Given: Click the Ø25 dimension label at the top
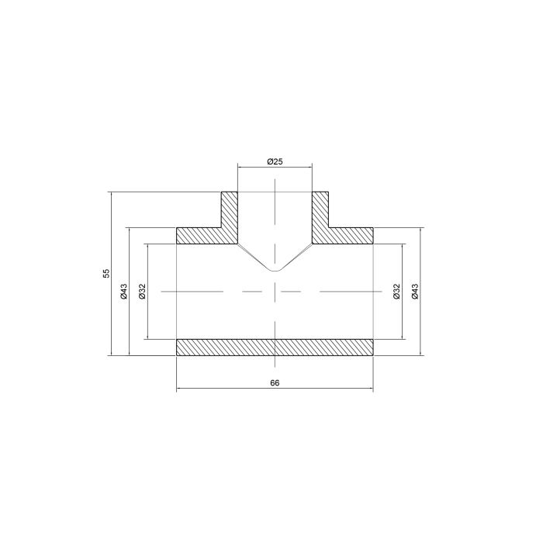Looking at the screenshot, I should [x=275, y=161].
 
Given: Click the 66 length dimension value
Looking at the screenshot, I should [x=275, y=382].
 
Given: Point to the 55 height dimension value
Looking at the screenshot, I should [x=106, y=273].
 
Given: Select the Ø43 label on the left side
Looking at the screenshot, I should [x=123, y=292].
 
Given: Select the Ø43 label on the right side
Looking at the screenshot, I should [x=416, y=292].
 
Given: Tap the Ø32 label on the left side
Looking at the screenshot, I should [x=142, y=292].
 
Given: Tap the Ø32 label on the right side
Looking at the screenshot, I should [x=397, y=292].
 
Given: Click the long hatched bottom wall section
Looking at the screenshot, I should [x=275, y=348].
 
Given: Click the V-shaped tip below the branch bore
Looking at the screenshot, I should [x=275, y=270].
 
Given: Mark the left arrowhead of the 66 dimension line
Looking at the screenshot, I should [x=179, y=387].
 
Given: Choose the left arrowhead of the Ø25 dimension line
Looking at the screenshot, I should [x=240, y=167].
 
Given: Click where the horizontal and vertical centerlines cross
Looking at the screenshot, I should [x=275, y=292].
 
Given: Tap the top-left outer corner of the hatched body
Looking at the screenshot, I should [x=177, y=228].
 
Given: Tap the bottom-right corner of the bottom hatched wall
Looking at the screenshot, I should [x=373, y=356].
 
